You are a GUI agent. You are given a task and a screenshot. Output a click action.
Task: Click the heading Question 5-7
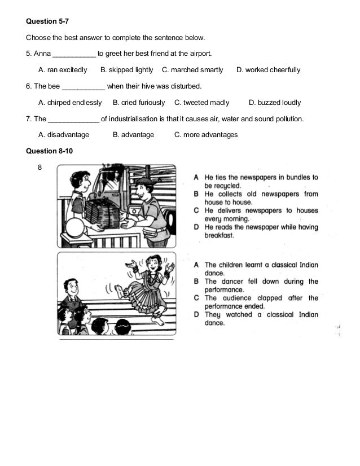pos(47,22)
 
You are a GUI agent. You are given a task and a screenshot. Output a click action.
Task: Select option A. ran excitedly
pos(62,71)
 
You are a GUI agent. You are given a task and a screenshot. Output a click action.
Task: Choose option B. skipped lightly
pos(126,71)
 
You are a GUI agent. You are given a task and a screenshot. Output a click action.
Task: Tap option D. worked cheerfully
pos(268,71)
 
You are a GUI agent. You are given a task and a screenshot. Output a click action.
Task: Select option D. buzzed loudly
pos(275,103)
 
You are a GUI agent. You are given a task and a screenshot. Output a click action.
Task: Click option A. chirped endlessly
pos(70,103)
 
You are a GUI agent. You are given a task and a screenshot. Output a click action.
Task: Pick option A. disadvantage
pos(64,135)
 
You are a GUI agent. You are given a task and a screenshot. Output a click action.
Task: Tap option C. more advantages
pos(206,135)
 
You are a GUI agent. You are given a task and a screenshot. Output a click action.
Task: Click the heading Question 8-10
pos(50,151)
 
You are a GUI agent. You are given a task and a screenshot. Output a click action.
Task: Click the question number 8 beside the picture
pos(40,168)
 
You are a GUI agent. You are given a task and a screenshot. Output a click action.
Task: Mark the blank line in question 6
pos(83,87)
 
